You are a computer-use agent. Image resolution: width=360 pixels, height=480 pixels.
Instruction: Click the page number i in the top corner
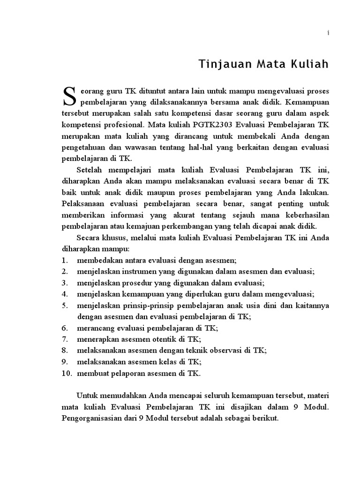[x=329, y=32]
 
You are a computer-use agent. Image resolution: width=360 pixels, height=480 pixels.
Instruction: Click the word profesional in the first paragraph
[x=121, y=125]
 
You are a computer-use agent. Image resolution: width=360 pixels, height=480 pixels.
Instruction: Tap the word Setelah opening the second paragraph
[x=90, y=170]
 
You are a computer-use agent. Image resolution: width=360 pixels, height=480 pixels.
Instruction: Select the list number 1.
[x=63, y=260]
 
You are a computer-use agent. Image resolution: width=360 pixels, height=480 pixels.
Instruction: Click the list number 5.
[x=63, y=305]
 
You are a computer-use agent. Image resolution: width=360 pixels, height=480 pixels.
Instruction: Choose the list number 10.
[x=66, y=373]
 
